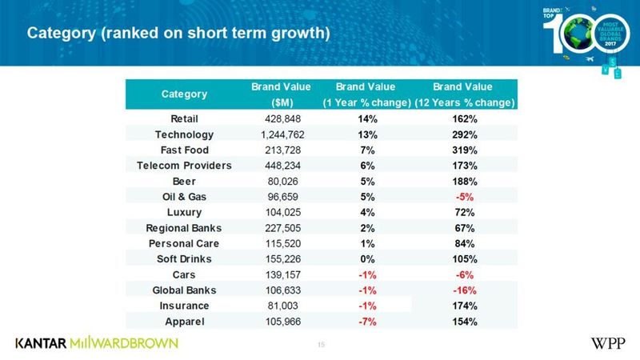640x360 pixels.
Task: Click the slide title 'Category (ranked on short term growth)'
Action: [178, 34]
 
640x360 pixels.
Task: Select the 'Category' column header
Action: [185, 94]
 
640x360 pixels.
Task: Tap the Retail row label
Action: [185, 119]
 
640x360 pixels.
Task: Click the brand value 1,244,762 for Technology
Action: [274, 134]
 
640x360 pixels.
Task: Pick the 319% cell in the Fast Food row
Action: [462, 150]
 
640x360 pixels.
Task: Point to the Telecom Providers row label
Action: [185, 166]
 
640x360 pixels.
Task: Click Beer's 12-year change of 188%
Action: [462, 182]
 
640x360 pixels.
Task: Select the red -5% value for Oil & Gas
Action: [462, 197]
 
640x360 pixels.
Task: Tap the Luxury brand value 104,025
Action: [274, 213]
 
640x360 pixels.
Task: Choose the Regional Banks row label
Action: [185, 228]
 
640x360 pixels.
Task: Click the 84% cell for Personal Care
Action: [462, 243]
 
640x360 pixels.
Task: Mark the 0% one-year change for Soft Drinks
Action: [366, 259]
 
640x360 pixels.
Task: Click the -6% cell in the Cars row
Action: [462, 274]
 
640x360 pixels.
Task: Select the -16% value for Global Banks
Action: [462, 290]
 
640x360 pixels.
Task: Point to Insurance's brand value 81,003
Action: [274, 306]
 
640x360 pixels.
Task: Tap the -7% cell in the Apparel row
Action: [366, 322]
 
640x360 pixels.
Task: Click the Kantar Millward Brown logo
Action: [96, 343]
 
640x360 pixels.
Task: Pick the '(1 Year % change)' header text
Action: [366, 103]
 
